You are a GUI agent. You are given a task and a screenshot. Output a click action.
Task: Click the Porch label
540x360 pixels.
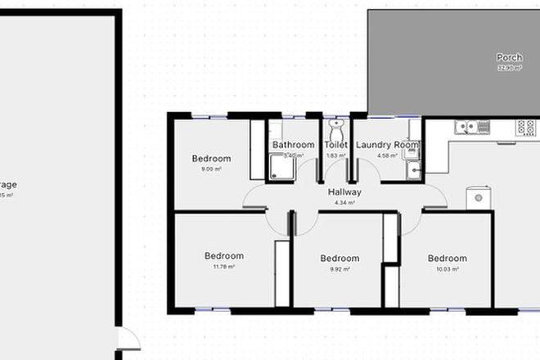509,58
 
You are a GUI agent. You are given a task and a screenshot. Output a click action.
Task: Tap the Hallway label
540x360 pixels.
344,192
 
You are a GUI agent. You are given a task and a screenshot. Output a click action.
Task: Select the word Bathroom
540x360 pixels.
293,145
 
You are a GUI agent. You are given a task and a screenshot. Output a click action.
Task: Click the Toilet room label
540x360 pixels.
335,145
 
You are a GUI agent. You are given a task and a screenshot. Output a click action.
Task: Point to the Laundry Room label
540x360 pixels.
387,145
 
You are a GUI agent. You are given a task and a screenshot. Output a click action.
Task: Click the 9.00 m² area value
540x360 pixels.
212,169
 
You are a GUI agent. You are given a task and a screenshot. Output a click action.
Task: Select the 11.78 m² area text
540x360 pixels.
224,267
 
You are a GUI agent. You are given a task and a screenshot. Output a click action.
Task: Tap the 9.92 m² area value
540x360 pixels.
339,268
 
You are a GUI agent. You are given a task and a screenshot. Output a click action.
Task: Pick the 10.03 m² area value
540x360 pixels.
448,268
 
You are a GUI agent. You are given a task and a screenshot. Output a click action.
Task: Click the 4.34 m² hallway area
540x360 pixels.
344,202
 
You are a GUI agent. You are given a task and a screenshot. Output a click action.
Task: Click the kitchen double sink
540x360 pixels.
473,127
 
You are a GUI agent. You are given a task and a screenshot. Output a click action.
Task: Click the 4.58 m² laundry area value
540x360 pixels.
387,155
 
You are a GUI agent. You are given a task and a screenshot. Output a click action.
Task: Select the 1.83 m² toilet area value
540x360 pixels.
335,155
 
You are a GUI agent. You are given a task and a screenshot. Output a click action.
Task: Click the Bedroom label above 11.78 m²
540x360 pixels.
224,256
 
